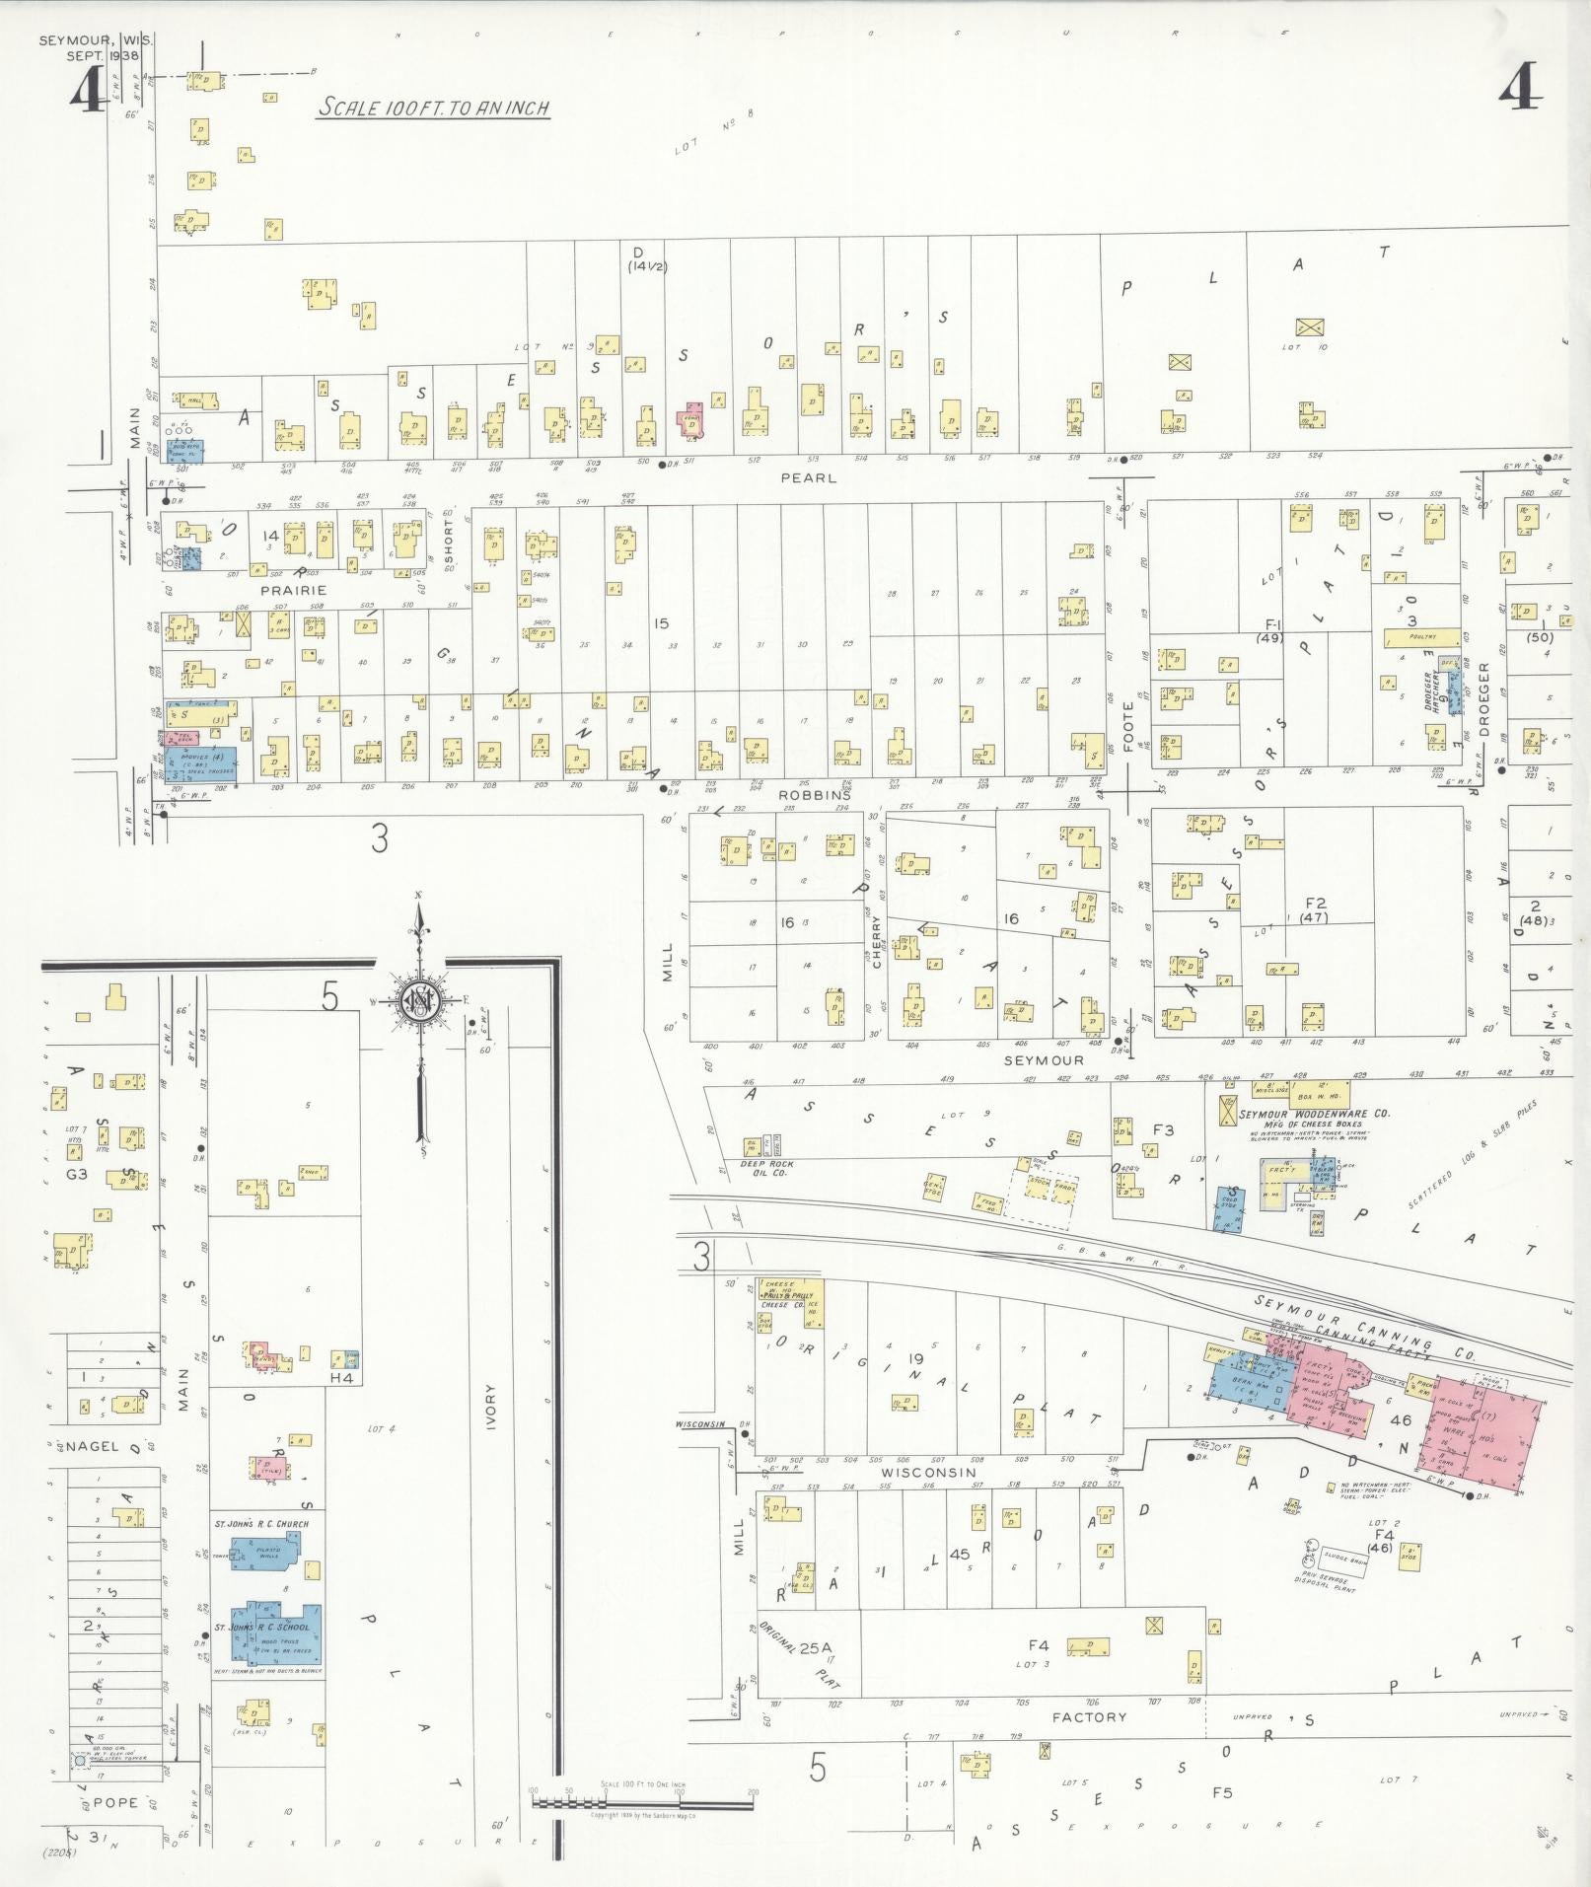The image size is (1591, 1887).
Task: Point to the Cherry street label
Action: [x=875, y=945]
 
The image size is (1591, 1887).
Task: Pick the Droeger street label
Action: [x=1483, y=699]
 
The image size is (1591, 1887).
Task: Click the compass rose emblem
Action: [x=421, y=1003]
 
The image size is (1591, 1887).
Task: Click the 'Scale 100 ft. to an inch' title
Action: [x=432, y=109]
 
